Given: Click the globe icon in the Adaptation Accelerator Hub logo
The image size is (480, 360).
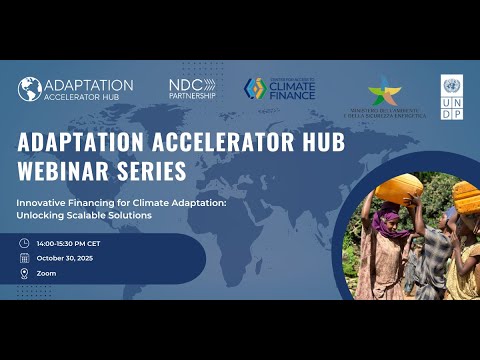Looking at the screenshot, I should click(x=29, y=89).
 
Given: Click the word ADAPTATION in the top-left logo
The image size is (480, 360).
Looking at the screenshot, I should click(x=88, y=85).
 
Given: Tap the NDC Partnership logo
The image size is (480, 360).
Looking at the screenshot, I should click(x=192, y=89).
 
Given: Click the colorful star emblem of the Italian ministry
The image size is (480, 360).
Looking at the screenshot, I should click(x=383, y=91).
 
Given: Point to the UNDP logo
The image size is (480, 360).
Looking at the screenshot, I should click(x=451, y=97).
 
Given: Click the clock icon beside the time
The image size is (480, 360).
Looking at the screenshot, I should click(x=24, y=243).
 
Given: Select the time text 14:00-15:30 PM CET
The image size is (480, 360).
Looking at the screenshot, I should click(x=74, y=243).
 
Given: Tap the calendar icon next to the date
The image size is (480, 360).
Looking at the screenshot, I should click(x=24, y=257).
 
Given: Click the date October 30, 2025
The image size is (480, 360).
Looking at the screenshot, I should click(x=68, y=257).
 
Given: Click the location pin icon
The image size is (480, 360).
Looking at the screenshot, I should click(x=24, y=272).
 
